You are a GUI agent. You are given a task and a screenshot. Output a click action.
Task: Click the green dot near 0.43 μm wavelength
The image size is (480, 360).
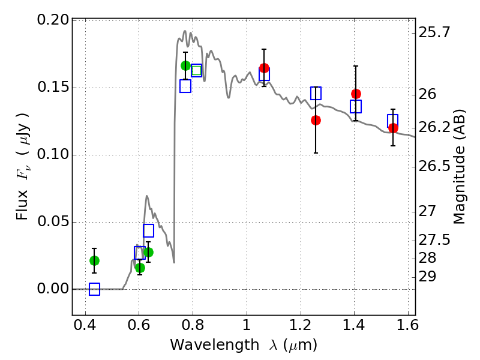click(x=95, y=260)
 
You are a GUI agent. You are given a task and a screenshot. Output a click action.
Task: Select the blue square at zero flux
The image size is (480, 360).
click(x=95, y=289)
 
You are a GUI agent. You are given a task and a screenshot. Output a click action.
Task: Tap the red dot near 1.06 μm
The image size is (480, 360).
click(x=264, y=68)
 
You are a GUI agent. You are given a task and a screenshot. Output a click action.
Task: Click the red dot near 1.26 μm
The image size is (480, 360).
click(x=316, y=121)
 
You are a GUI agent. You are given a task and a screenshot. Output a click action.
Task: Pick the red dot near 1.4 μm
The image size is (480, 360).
click(x=356, y=94)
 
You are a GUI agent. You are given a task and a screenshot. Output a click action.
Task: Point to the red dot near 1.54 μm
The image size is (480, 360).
click(x=393, y=128)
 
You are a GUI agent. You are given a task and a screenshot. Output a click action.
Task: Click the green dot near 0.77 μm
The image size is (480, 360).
click(x=185, y=65)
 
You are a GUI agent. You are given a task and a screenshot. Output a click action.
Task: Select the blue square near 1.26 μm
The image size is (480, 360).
click(x=316, y=93)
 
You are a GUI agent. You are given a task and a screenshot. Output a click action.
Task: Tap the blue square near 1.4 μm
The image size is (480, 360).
click(x=356, y=106)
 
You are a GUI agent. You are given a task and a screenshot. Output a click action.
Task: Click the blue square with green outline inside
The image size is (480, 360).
click(x=197, y=70)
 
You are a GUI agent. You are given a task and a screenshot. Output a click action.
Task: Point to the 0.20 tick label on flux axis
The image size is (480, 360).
click(x=53, y=20)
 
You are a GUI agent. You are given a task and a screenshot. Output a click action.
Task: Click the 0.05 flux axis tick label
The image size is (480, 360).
click(x=53, y=221)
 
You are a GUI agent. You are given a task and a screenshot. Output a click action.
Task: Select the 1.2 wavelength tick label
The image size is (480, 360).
click(x=300, y=325)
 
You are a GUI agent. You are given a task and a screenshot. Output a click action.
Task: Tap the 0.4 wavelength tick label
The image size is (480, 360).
click(x=85, y=325)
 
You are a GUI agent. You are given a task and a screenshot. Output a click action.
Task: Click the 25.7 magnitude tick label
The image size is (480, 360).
click(x=434, y=32)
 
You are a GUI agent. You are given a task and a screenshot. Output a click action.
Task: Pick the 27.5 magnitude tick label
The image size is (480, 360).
click(x=434, y=239)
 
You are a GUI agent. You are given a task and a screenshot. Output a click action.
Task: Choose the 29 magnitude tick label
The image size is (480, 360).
click(x=427, y=277)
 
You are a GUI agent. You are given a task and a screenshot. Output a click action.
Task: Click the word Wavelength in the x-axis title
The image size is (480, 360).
click(x=215, y=345)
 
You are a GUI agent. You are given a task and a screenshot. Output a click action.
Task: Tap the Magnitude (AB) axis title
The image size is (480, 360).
click(x=458, y=167)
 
